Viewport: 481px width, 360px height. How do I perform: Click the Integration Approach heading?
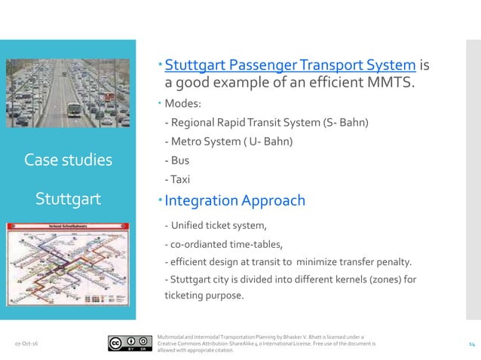click(x=234, y=200)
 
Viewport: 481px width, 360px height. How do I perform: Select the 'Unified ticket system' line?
click(x=219, y=224)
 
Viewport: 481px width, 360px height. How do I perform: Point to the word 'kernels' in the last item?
click(x=326, y=279)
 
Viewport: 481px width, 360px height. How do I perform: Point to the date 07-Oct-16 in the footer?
click(x=28, y=343)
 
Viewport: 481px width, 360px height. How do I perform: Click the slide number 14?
click(x=471, y=343)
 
